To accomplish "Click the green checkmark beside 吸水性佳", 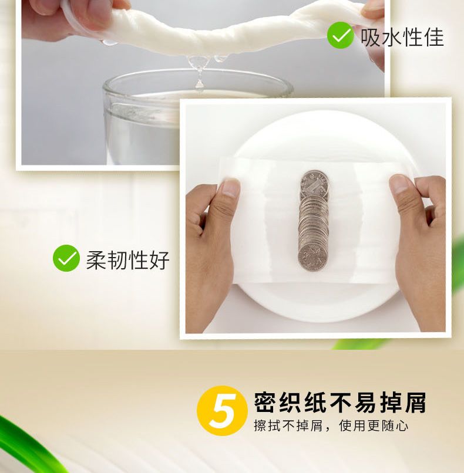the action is pos(340,35).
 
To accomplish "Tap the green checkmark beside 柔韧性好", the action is pos(66,258).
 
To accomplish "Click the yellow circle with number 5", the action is pos(222,411).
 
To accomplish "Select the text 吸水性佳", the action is pos(402,38).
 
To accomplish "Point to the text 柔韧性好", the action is pos(127,260).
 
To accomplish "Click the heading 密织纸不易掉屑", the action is pos(339,403).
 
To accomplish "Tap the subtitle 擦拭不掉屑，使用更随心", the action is pos(331,426).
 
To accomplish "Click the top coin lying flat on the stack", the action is pos(314,183).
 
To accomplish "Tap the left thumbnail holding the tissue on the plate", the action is pos(230,188).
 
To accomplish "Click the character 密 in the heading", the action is pos(265,403).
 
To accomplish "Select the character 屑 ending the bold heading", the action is pos(415,403).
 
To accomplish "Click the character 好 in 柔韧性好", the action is pos(159,260).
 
